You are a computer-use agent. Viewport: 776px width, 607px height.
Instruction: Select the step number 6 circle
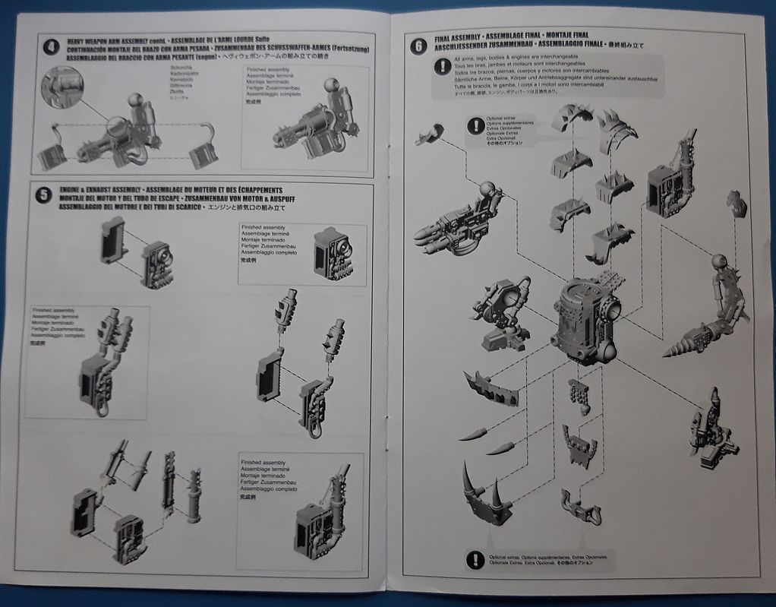pyautogui.click(x=418, y=46)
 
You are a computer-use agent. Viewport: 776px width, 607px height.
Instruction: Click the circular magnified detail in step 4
pyautogui.click(x=61, y=87)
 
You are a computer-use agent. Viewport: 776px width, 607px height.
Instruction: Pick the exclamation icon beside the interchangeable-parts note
pyautogui.click(x=441, y=67)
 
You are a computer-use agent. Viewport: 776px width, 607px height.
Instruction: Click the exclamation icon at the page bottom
pyautogui.click(x=475, y=561)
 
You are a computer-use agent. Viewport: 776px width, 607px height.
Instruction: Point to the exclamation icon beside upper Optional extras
pyautogui.click(x=476, y=126)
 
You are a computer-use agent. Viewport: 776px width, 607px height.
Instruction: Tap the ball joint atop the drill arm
pyautogui.click(x=718, y=262)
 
